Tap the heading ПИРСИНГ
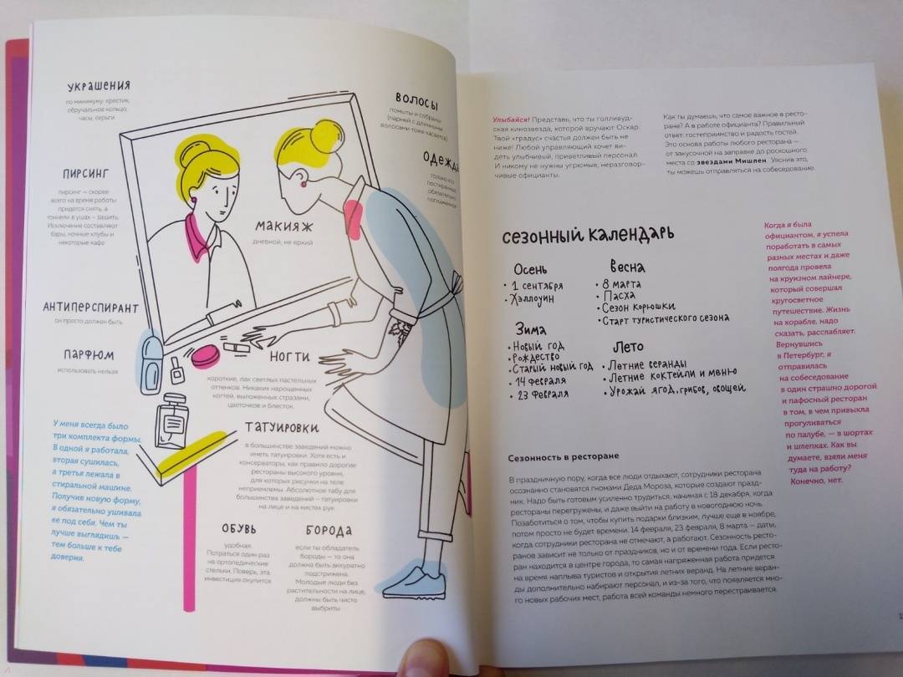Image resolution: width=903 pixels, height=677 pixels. click(x=87, y=174)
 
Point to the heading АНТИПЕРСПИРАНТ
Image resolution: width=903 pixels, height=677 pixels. click(x=90, y=308)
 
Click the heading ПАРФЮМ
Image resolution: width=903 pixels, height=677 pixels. click(x=87, y=354)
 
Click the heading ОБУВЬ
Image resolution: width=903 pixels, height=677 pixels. click(x=244, y=529)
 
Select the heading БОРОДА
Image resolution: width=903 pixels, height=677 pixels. click(x=329, y=530)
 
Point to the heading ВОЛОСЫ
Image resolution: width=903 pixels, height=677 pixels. click(x=417, y=99)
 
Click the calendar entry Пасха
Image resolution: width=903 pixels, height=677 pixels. click(x=619, y=296)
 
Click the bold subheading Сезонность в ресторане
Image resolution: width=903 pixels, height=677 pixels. click(x=564, y=456)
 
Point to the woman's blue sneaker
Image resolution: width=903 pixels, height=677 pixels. click(x=415, y=581)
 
